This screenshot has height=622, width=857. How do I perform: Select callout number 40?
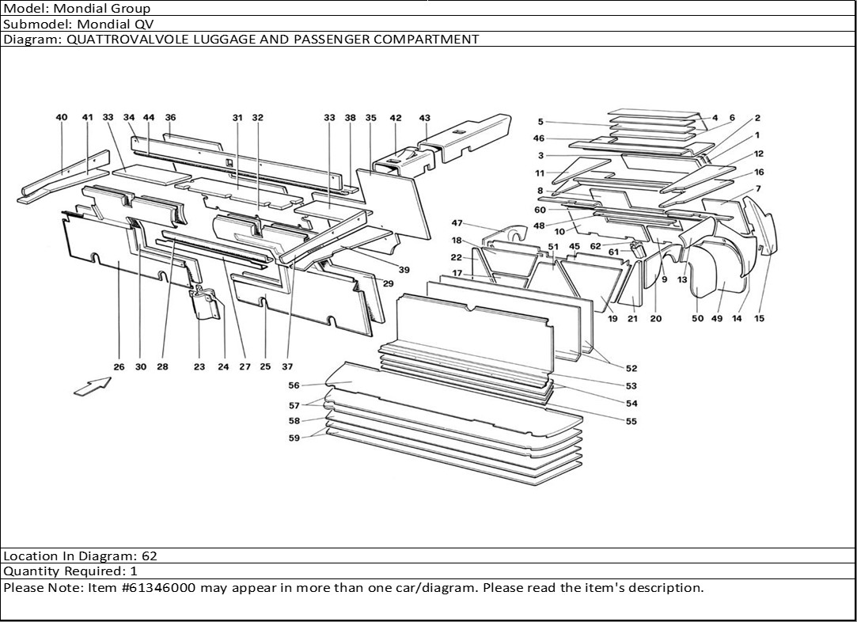[62, 117]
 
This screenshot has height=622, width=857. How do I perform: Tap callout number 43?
[424, 118]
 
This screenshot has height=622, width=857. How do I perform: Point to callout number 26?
[119, 366]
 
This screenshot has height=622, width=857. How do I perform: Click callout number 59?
[294, 438]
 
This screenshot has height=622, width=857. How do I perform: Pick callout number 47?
[457, 222]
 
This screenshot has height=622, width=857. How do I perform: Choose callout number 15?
[759, 319]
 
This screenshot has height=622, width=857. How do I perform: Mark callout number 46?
[539, 138]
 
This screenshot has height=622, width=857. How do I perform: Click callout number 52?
[631, 368]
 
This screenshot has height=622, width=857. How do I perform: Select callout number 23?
[199, 366]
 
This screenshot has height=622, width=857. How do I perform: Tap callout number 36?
[170, 117]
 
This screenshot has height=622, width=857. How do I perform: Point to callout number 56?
[294, 385]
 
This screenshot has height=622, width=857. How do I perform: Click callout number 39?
[404, 270]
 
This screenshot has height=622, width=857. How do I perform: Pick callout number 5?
[540, 122]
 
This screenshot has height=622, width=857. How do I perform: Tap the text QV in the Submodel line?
[143, 24]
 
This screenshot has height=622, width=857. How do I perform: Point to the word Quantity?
[29, 571]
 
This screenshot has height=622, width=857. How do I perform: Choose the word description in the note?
[666, 588]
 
